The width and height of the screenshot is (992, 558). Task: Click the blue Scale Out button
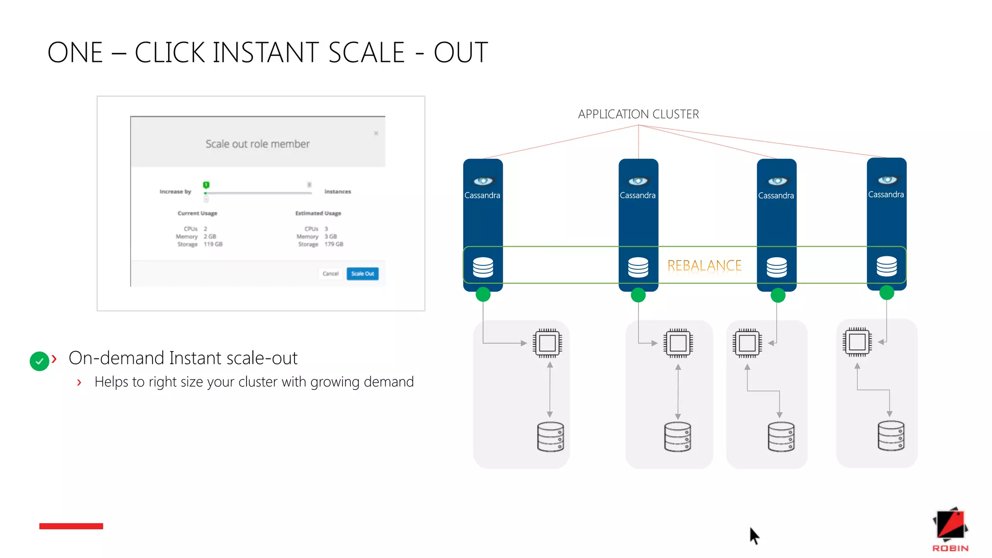pyautogui.click(x=362, y=274)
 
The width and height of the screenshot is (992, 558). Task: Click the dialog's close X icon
pyautogui.click(x=376, y=133)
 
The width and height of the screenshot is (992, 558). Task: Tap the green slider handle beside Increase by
pyautogui.click(x=206, y=185)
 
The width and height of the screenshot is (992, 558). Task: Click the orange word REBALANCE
pyautogui.click(x=704, y=265)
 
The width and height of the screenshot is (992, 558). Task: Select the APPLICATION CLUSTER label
pyautogui.click(x=638, y=114)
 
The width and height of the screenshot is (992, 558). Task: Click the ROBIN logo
pyautogui.click(x=950, y=529)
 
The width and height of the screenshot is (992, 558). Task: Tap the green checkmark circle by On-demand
pyautogui.click(x=39, y=361)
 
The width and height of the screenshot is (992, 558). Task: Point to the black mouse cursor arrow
pyautogui.click(x=754, y=535)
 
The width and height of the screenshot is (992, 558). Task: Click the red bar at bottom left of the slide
pyautogui.click(x=71, y=526)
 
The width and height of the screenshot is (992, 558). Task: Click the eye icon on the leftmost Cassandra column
pyautogui.click(x=483, y=181)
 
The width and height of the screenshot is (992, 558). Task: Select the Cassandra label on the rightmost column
pyautogui.click(x=886, y=195)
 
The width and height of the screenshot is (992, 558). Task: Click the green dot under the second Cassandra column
pyautogui.click(x=638, y=295)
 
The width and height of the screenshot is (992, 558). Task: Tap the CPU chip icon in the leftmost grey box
pyautogui.click(x=547, y=343)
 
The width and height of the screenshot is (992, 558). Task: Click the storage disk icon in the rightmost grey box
pyautogui.click(x=891, y=436)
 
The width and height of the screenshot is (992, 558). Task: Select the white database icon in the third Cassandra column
pyautogui.click(x=776, y=267)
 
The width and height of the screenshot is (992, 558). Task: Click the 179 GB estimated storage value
pyautogui.click(x=334, y=244)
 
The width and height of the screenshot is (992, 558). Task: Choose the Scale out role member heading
pyautogui.click(x=257, y=144)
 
